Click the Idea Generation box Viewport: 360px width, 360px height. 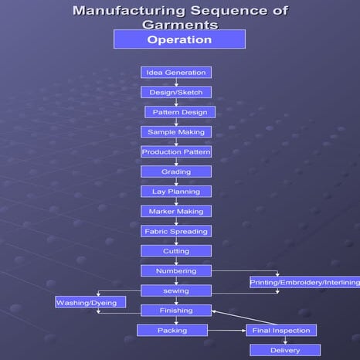(x=176, y=73)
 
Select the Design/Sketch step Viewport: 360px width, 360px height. (x=176, y=92)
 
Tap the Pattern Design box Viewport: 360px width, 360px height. (x=179, y=112)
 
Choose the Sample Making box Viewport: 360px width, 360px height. (x=176, y=132)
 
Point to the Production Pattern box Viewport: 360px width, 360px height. (x=176, y=152)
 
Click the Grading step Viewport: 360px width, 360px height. (x=176, y=172)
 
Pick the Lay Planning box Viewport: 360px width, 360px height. (x=176, y=192)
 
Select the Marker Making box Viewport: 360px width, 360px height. (x=176, y=211)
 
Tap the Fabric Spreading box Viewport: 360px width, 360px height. (x=176, y=231)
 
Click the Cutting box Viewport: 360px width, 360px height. (x=176, y=251)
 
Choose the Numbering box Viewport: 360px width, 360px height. (x=176, y=271)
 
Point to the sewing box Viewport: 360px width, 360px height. (x=176, y=290)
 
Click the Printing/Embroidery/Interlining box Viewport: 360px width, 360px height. (x=304, y=283)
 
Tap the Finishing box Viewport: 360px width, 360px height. (x=176, y=311)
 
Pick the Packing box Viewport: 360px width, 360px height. (x=172, y=331)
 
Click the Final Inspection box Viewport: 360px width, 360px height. (x=281, y=331)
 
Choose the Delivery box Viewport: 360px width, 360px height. (x=285, y=351)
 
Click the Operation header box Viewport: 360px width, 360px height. (x=179, y=39)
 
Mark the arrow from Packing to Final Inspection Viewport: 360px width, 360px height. (x=227, y=331)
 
